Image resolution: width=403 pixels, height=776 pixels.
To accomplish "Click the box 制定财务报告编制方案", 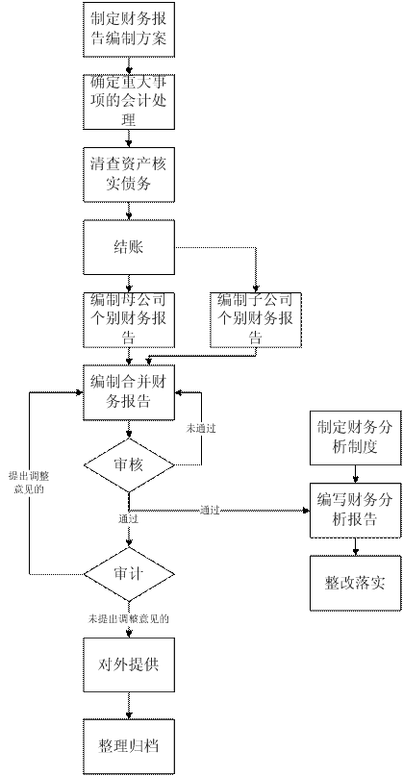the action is pyautogui.click(x=129, y=30).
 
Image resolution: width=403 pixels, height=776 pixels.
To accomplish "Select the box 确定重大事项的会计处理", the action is pyautogui.click(x=129, y=102).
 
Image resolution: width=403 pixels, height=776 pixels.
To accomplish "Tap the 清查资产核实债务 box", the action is pyautogui.click(x=129, y=175).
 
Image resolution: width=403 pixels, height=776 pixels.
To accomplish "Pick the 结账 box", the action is pyautogui.click(x=129, y=247).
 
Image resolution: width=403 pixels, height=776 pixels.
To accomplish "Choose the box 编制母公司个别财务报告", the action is pyautogui.click(x=129, y=319).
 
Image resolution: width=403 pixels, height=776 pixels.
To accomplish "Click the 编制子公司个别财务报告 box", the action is pyautogui.click(x=256, y=319).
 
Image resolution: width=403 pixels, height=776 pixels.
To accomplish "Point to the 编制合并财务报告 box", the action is pyautogui.click(x=129, y=392).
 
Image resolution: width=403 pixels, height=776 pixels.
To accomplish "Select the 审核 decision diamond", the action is pyautogui.click(x=129, y=465).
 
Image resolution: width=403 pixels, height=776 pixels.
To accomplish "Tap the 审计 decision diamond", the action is pyautogui.click(x=129, y=574).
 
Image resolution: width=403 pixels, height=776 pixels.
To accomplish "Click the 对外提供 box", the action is pyautogui.click(x=129, y=664).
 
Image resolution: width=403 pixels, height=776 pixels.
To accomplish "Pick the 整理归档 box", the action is pyautogui.click(x=129, y=746).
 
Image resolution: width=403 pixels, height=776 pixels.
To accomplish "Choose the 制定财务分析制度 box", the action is pyautogui.click(x=355, y=438).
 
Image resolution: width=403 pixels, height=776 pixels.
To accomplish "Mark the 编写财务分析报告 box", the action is pyautogui.click(x=355, y=511).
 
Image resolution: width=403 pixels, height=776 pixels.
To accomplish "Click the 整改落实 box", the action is pyautogui.click(x=355, y=583).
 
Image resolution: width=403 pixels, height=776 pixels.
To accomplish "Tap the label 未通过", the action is pyautogui.click(x=200, y=428).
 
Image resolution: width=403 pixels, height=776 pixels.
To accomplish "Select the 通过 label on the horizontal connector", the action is pyautogui.click(x=210, y=510).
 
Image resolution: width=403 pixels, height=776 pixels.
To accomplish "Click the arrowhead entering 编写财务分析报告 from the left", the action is pyautogui.click(x=307, y=511).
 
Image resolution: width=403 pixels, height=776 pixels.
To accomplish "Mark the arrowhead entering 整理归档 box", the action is pyautogui.click(x=129, y=715).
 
